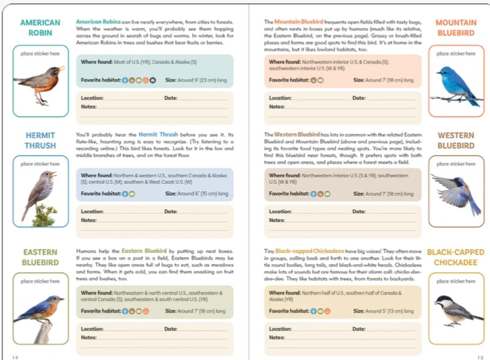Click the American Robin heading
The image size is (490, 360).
pos(40,28)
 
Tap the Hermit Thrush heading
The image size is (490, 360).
pos(40,141)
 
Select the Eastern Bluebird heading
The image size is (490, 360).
pos(40,257)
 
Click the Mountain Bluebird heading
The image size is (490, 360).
pos(456,28)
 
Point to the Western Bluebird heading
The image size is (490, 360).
pos(456,141)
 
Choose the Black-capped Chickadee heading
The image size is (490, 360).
pos(456,257)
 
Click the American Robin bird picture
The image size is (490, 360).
pos(40,83)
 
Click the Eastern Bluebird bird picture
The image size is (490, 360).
pos(39,313)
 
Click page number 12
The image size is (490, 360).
pos(15,357)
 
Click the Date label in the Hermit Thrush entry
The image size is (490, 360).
pos(171,212)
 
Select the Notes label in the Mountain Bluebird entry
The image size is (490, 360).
pos(276,107)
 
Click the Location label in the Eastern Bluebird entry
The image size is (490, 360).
pos(92,329)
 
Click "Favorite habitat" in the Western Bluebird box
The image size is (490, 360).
pos(289,194)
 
